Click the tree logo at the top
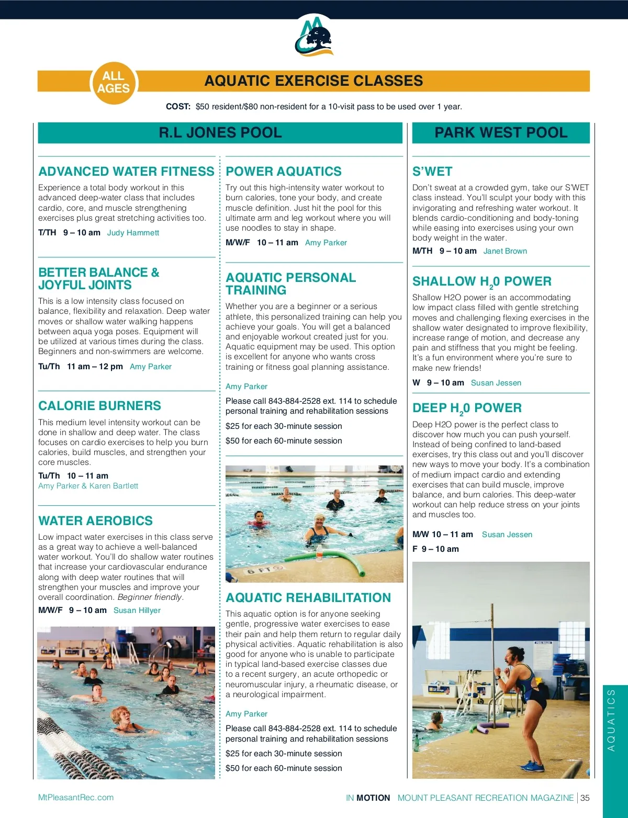point(314,36)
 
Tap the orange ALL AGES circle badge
point(113,82)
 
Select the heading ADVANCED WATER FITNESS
point(126,172)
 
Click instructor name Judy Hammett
point(133,233)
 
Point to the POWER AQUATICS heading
point(283,172)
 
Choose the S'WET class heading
point(432,172)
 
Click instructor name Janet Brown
point(505,251)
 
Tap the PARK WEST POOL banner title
point(501,133)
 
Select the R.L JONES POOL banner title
point(220,133)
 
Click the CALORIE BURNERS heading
point(99,406)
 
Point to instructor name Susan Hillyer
point(137,610)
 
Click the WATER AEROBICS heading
point(95,521)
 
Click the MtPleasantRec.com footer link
point(76,798)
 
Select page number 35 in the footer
point(585,798)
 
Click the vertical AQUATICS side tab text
point(611,720)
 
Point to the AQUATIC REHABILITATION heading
point(308,598)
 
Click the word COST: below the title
point(178,107)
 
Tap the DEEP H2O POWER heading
point(467,408)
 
